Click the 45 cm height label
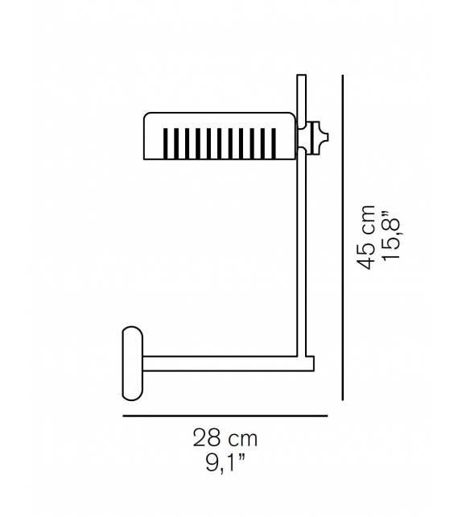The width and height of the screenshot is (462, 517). point(367,238)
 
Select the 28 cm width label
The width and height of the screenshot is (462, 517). point(225,440)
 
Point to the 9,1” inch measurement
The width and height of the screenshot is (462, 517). point(225,464)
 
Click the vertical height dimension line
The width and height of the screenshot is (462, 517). point(344,242)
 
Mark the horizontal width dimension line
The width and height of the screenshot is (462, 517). point(225,416)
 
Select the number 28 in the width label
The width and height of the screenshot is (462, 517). point(206,440)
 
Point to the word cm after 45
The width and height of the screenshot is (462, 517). point(368,220)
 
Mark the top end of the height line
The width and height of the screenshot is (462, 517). point(344,77)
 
